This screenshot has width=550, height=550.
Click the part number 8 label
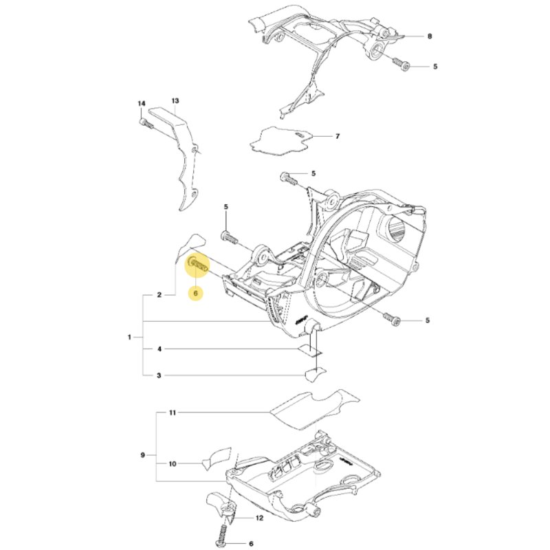[430, 36]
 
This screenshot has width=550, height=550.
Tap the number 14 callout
[141, 104]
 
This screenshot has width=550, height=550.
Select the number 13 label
[175, 100]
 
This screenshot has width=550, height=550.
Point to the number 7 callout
[338, 136]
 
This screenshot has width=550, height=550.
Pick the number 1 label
[129, 337]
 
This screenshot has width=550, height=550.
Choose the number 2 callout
[159, 295]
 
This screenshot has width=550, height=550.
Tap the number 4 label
[159, 349]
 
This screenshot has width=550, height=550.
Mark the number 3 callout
[159, 375]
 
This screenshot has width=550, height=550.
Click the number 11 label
[173, 413]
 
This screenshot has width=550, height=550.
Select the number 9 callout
[142, 455]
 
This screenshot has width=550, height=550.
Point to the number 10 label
[173, 464]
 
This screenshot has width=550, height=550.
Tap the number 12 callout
[259, 518]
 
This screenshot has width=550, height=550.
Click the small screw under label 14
[146, 123]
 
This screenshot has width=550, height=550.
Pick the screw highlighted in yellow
[198, 263]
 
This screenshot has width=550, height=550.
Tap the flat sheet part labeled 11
[315, 409]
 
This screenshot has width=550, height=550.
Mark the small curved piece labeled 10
[217, 458]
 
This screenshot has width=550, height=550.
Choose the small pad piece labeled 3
[316, 375]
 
